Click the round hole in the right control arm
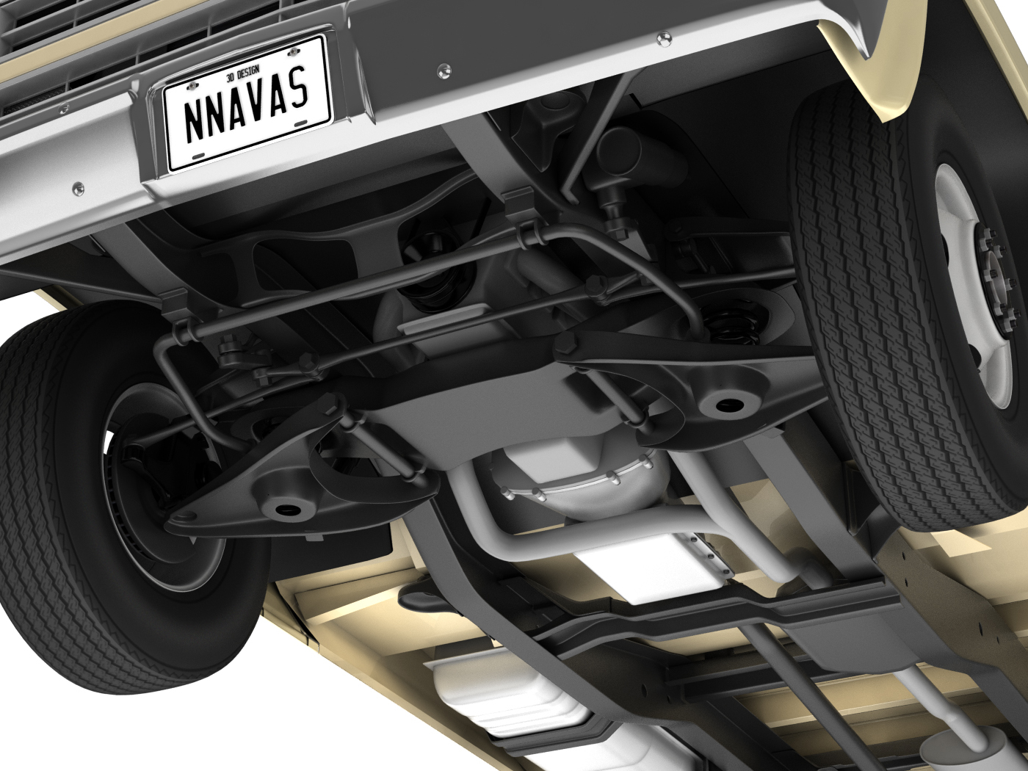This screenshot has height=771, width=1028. coord(725,403)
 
